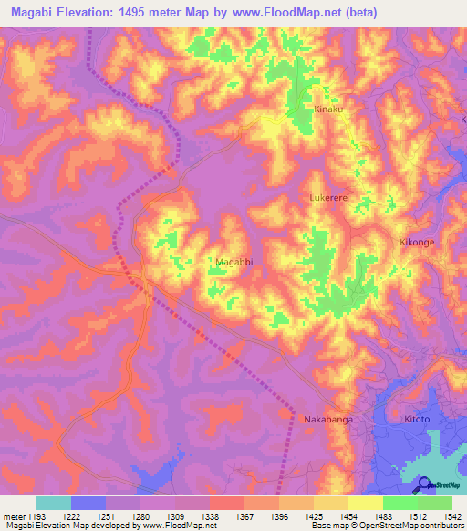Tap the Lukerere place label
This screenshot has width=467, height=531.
[331, 197]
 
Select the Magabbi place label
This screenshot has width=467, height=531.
[233, 263]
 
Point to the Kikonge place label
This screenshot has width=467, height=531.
[419, 243]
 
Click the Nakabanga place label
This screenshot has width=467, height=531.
[327, 420]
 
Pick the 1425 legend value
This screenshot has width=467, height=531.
[313, 515]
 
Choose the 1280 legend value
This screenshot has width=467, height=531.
[141, 515]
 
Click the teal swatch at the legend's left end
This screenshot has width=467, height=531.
[53, 503]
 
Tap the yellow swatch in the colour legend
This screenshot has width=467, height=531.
[365, 503]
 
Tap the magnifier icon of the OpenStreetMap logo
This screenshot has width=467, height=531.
[425, 484]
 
